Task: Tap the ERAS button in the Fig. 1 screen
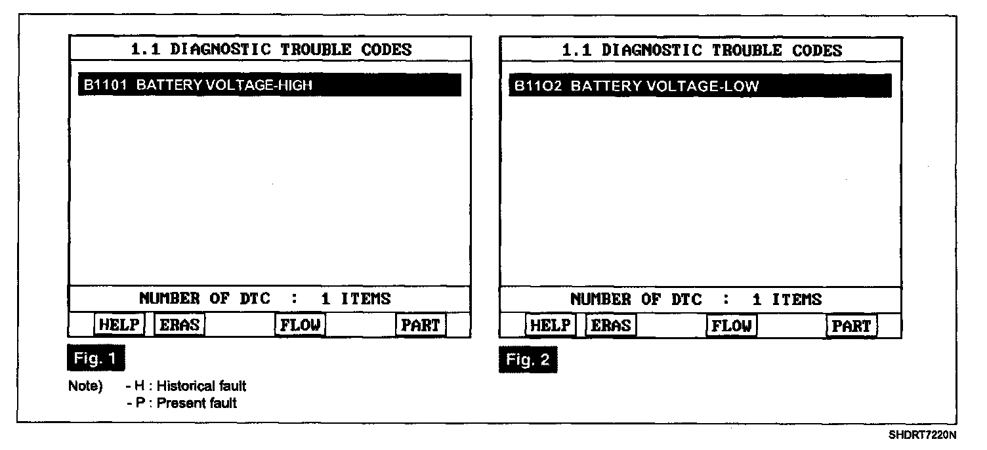pos(178,325)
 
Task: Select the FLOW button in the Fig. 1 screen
pos(300,325)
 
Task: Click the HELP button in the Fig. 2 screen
pos(550,325)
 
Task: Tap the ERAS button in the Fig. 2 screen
pos(610,325)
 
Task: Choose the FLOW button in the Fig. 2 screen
pos(731,325)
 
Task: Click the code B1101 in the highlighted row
pos(105,85)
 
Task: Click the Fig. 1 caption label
pos(96,358)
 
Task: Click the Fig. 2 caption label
pos(528,360)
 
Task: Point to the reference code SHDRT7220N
pos(923,435)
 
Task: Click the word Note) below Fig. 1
pos(85,386)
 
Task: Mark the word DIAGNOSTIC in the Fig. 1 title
pos(222,50)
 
